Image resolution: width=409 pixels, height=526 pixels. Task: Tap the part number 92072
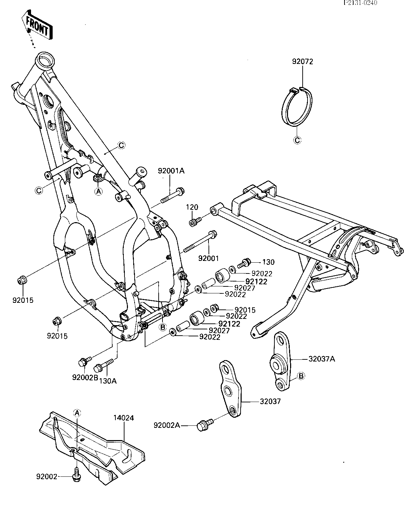click(302, 61)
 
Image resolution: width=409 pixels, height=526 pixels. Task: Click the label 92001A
click(171, 171)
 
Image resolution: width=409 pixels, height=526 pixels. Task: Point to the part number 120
click(192, 207)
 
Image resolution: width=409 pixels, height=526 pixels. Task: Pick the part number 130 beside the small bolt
click(268, 262)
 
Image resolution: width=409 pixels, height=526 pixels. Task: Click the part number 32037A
click(321, 366)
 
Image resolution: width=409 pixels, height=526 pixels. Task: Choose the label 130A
click(107, 381)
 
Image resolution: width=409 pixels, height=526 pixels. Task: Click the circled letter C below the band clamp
click(297, 140)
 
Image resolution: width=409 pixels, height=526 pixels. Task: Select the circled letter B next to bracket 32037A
click(301, 376)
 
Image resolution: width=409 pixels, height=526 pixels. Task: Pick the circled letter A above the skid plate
click(77, 413)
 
